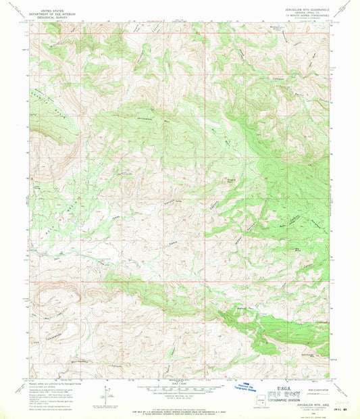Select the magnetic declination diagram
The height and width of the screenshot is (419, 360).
tap(108, 393)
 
